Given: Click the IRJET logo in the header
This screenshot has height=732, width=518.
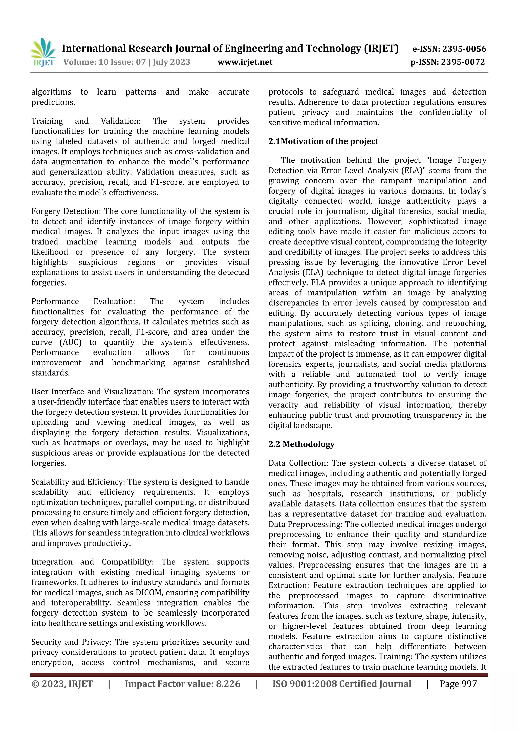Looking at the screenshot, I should point(44,53).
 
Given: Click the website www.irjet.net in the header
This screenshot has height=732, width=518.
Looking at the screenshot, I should point(245,62).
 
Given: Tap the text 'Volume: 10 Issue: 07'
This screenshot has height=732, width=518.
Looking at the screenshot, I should point(104,62).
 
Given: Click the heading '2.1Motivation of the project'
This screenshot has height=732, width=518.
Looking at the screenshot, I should point(323,141).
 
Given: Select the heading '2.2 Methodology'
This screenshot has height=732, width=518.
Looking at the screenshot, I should point(301,444).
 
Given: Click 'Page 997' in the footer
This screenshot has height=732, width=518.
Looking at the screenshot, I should point(458,683).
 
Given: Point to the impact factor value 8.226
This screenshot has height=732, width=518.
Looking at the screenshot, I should point(228,683).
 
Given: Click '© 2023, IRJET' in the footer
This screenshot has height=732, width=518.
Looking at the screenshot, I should point(62,683).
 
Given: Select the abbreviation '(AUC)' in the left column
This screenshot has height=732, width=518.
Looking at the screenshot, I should point(71,342).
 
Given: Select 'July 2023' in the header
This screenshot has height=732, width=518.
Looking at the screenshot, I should point(171,62).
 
